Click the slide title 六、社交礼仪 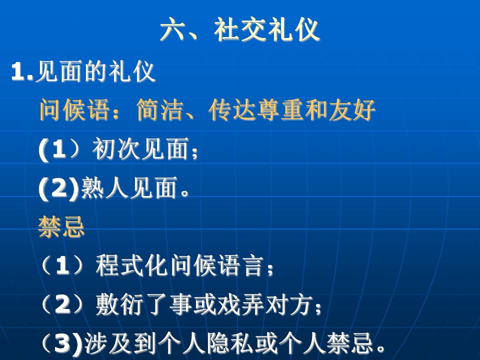click(240, 29)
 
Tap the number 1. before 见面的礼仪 click(22, 72)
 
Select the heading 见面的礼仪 click(95, 71)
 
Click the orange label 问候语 click(74, 110)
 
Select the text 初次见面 click(140, 149)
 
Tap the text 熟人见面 click(129, 187)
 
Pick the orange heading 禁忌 click(61, 226)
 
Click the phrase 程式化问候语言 click(179, 265)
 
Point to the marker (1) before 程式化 click(62, 265)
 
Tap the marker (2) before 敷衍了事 click(62, 304)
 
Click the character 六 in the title click(172, 29)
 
